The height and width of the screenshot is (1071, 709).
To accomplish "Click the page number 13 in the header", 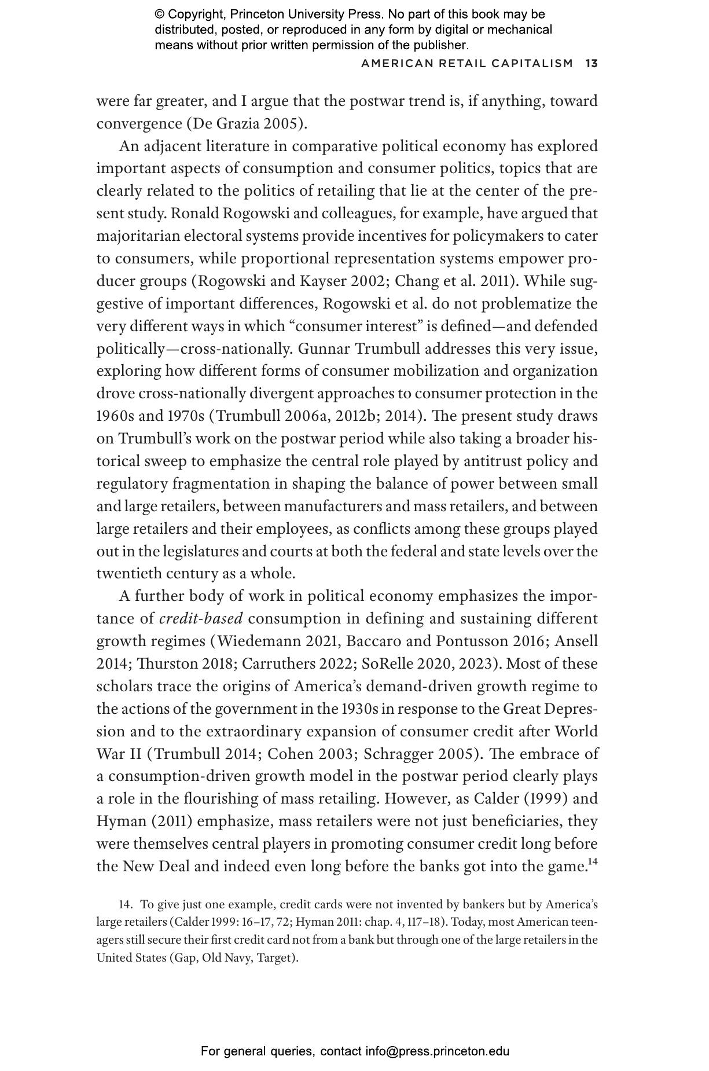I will pyautogui.click(x=591, y=63).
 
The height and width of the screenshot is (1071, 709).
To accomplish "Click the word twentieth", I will pyautogui.click(x=123, y=574).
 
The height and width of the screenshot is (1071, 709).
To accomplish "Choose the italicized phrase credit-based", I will pyautogui.click(x=201, y=619).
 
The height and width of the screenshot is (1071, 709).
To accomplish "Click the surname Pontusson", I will pyautogui.click(x=473, y=641).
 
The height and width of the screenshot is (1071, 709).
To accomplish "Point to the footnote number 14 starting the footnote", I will pyautogui.click(x=124, y=905).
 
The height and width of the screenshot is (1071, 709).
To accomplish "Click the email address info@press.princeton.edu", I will pyautogui.click(x=437, y=1051).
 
